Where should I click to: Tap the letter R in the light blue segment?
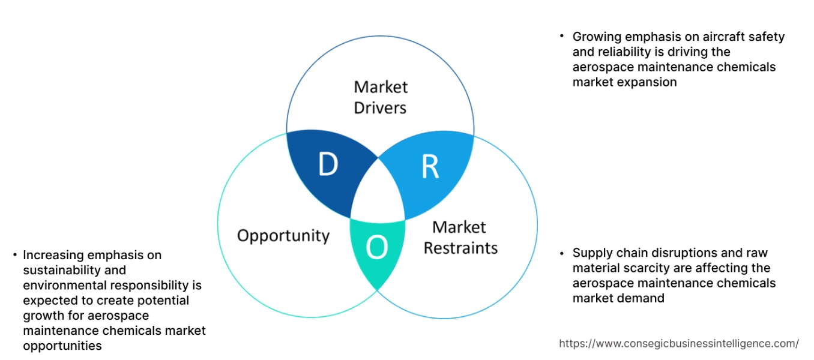430,167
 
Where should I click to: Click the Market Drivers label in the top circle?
381,97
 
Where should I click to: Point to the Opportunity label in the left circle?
283,235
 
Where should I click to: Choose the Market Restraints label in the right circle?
460,238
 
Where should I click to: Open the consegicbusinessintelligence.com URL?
679,344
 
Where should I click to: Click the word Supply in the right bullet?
591,253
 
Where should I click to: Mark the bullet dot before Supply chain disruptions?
561,253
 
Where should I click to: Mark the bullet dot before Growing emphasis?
561,37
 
